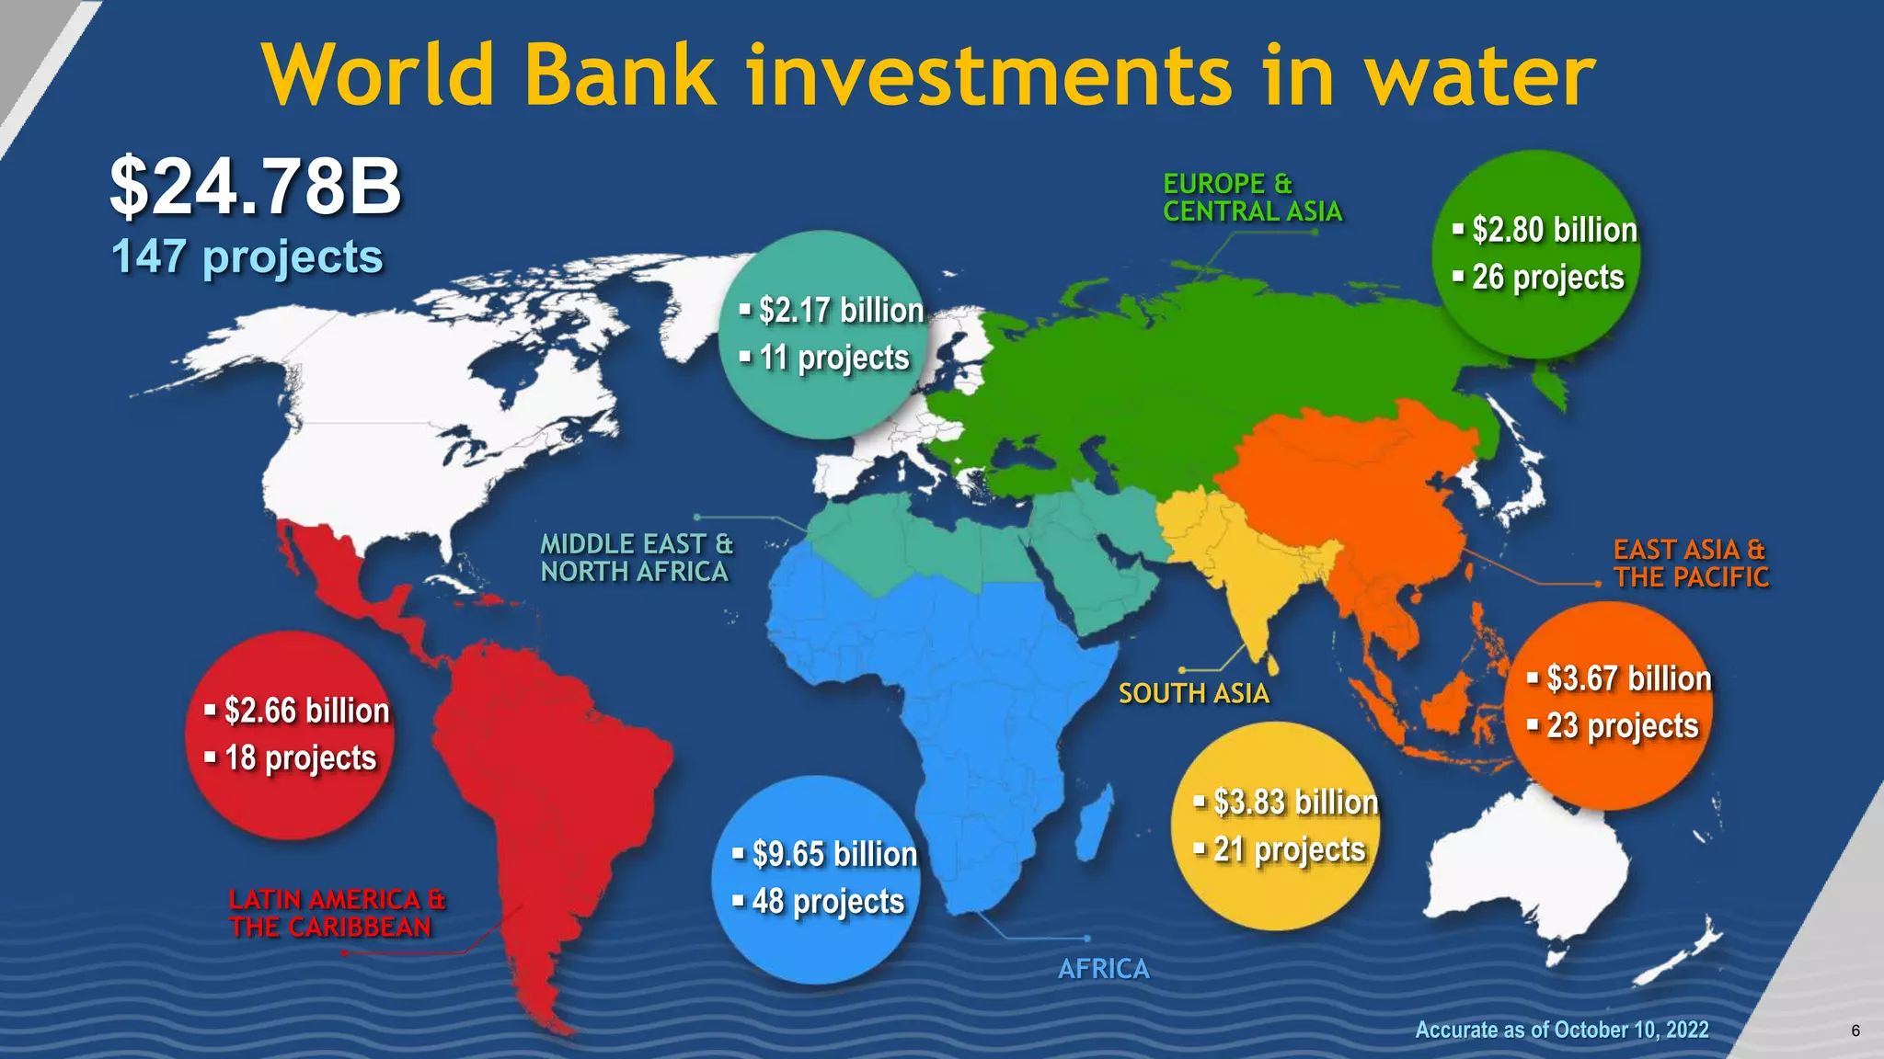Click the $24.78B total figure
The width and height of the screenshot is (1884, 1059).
coord(256,187)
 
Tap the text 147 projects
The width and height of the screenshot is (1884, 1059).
coord(247,256)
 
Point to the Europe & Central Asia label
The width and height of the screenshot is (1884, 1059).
coord(1252,198)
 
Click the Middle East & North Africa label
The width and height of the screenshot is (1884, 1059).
coord(637,558)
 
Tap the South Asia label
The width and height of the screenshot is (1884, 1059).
coord(1193,693)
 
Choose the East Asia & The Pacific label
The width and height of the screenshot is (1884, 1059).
coord(1691,564)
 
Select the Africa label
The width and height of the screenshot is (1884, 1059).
coord(1103,969)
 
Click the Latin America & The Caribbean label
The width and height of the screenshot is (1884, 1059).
coord(337,913)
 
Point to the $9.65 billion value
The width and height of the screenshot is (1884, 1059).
coord(834,854)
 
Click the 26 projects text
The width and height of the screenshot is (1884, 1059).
coord(1548,278)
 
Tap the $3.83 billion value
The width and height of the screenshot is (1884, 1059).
coord(1295,803)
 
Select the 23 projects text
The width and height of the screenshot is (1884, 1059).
coord(1622,726)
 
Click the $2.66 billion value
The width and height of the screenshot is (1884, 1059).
coord(306,711)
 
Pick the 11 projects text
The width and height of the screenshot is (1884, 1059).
coord(833,358)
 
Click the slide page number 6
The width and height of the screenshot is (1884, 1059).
coord(1855,1031)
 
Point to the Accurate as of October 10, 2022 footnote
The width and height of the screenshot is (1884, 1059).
coord(1561,1030)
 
